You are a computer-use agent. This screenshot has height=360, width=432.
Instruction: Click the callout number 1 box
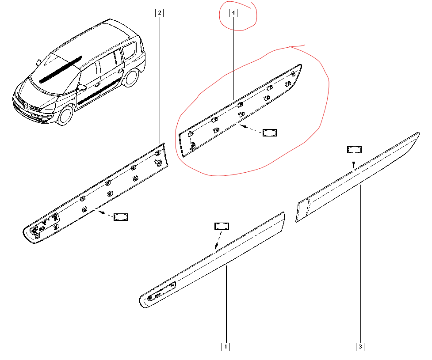(x=226, y=346)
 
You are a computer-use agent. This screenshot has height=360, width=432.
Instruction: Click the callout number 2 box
(x=159, y=13)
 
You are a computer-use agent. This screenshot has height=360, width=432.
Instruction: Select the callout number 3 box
(x=360, y=346)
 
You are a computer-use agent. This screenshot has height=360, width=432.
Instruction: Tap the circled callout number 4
(x=233, y=13)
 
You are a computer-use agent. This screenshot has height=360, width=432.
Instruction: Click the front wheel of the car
(x=65, y=115)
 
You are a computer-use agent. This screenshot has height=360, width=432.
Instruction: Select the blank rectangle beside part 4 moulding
(x=269, y=133)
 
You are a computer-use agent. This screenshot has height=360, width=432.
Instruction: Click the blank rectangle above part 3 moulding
(x=354, y=150)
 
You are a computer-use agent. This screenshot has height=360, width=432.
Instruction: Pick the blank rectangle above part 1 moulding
(x=222, y=227)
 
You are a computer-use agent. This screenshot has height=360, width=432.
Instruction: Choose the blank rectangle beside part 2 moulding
(x=121, y=217)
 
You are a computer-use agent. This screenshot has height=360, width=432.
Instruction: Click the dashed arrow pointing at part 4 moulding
(x=251, y=129)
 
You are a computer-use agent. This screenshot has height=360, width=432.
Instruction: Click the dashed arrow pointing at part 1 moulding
(x=218, y=240)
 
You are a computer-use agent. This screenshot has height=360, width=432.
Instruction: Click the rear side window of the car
(x=129, y=50)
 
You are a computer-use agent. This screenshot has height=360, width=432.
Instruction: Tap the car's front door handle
(x=97, y=85)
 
